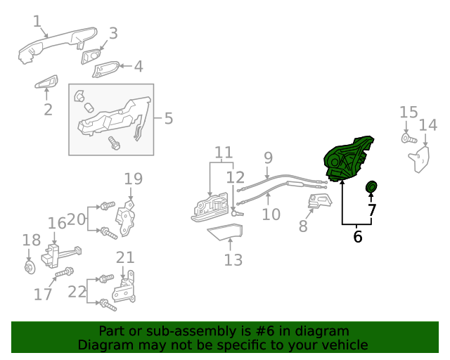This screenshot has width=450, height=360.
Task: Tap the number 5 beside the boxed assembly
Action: tap(168, 118)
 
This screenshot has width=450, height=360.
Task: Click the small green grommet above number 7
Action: tap(371, 187)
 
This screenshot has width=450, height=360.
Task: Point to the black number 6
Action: tap(358, 237)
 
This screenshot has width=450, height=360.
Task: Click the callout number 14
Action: tap(427, 126)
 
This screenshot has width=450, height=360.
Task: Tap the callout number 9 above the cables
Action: tap(268, 157)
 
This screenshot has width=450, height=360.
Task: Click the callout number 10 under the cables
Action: tap(271, 214)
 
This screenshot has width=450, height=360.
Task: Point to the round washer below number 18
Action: tap(29, 266)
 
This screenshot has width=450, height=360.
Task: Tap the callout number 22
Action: tap(77, 291)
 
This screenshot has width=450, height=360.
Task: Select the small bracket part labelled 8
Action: tap(320, 204)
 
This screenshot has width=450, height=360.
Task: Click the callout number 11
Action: tap(224, 153)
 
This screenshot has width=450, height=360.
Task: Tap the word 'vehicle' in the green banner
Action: tap(344, 345)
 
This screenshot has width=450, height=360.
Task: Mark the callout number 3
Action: tap(112, 33)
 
